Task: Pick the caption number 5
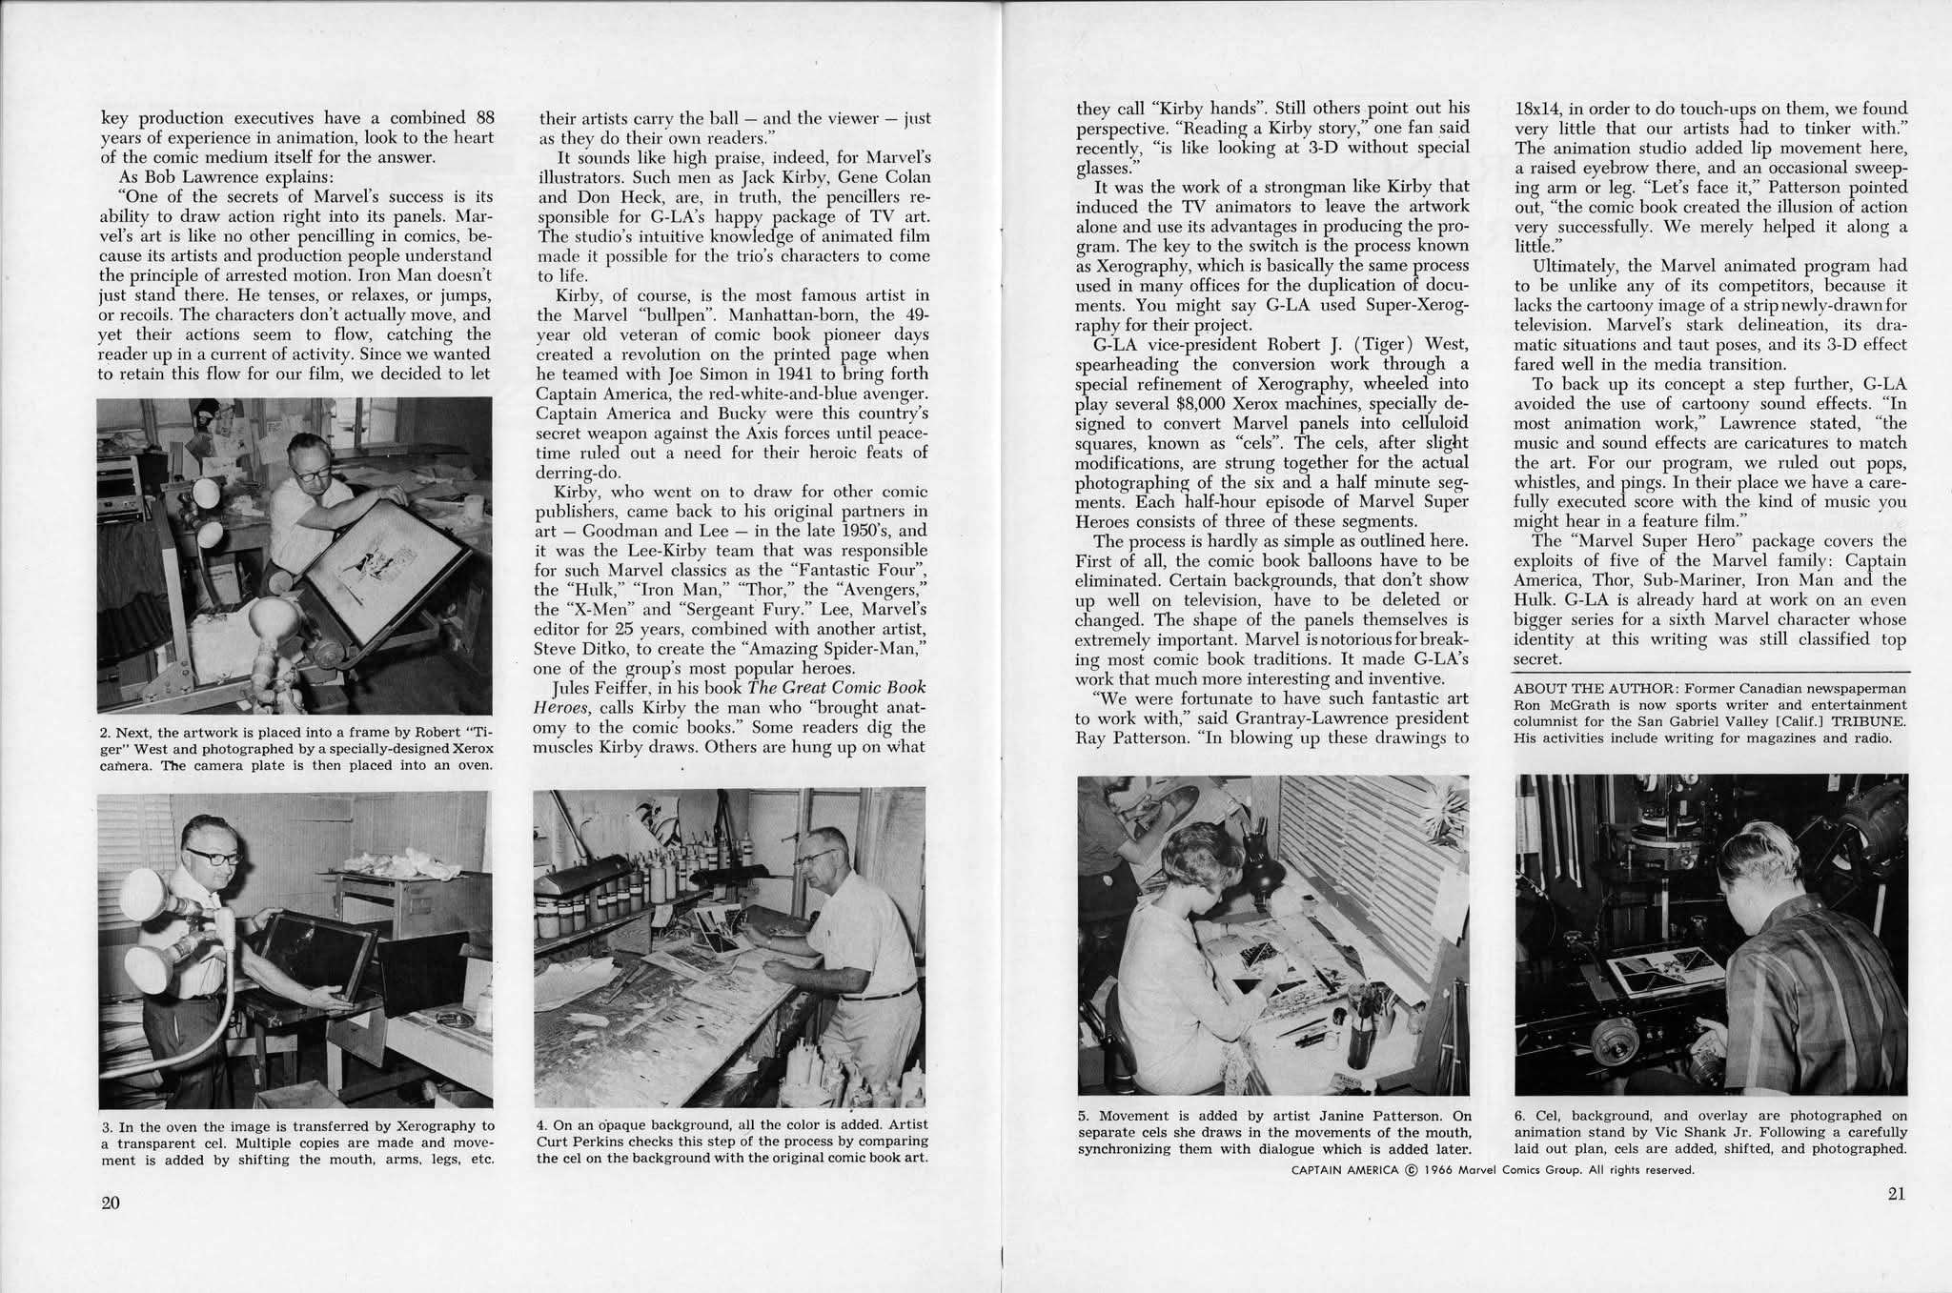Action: pos(1084,1115)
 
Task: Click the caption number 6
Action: pos(1519,1115)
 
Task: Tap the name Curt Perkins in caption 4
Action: pos(576,1141)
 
